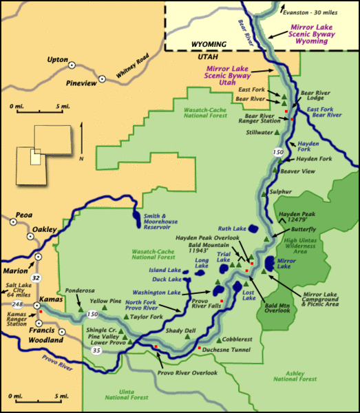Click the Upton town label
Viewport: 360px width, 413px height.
tap(57, 60)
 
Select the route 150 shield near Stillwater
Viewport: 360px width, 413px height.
tap(279, 151)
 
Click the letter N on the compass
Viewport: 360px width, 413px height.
tap(82, 159)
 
